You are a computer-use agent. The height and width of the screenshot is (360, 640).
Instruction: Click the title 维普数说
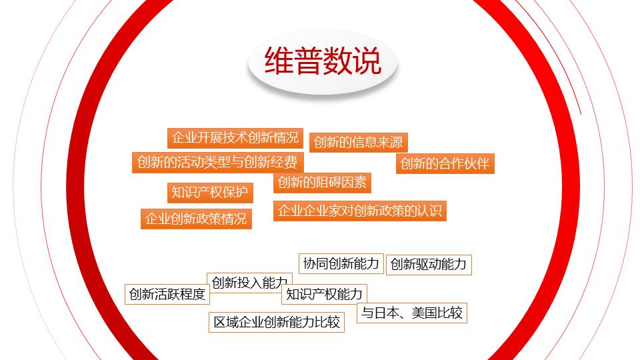tap(323, 61)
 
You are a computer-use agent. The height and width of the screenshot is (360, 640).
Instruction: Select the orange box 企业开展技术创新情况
tap(235, 138)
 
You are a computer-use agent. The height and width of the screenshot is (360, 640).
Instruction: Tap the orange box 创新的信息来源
tap(359, 143)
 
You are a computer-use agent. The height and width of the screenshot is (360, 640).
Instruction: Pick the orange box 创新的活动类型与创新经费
tap(217, 163)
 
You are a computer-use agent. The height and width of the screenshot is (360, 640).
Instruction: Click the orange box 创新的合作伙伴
tap(445, 164)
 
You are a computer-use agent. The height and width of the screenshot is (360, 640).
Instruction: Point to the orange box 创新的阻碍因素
tap(322, 183)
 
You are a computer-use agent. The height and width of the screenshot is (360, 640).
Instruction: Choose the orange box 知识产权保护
tap(210, 193)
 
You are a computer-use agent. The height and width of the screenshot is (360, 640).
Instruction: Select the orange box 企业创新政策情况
tap(196, 219)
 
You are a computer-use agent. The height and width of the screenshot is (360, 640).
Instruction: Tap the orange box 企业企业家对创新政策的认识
tap(359, 211)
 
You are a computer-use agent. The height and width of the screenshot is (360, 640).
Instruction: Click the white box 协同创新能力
tap(341, 264)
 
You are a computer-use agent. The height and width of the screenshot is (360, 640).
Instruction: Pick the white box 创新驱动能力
tap(429, 265)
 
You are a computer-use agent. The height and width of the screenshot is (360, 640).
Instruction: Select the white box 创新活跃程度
tap(167, 294)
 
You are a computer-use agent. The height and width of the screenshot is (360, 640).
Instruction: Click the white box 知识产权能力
tap(324, 294)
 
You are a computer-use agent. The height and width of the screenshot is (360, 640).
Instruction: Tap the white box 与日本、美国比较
tap(412, 313)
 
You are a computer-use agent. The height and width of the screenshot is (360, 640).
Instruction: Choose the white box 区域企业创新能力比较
tap(277, 323)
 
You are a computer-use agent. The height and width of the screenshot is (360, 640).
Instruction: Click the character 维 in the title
tap(279, 61)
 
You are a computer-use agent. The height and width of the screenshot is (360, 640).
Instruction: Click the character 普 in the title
tap(308, 61)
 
